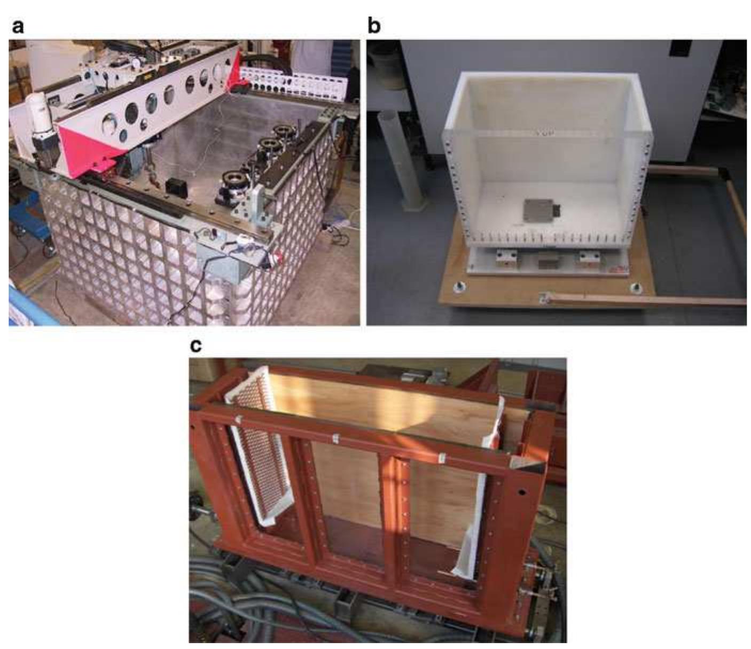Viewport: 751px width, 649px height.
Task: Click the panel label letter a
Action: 18,26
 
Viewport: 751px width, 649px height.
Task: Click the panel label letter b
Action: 374,25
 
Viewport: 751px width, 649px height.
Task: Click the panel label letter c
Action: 197,346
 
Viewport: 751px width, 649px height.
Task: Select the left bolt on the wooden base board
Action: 459,288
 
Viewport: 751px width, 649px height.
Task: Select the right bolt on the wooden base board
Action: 635,288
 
